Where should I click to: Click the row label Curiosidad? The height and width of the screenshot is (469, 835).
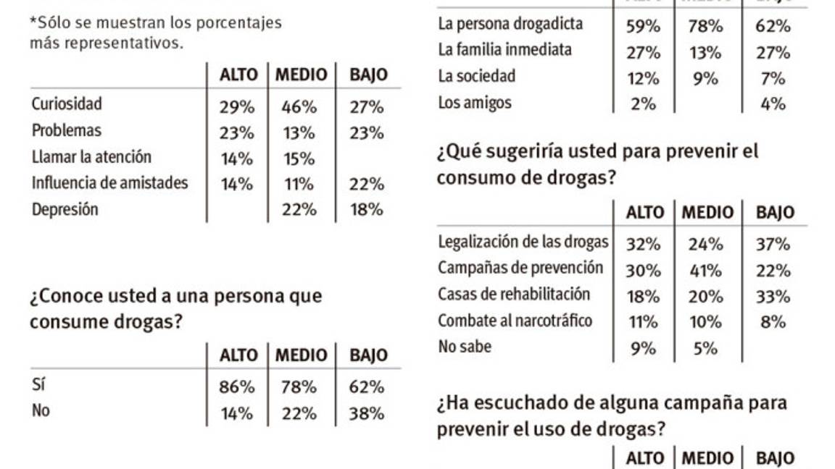67,104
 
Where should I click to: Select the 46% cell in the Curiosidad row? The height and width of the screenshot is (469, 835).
299,107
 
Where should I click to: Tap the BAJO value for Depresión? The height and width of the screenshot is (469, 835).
367,210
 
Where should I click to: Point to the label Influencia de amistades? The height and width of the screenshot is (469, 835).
109,183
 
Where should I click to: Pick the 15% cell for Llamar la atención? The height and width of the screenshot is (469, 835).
299,159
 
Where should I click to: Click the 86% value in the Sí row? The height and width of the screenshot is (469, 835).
236,387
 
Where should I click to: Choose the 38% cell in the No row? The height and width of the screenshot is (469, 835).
367,413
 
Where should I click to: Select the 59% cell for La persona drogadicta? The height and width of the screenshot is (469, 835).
642,27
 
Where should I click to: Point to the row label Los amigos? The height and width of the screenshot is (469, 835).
474,103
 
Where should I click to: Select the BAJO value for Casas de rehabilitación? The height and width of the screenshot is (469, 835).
773,296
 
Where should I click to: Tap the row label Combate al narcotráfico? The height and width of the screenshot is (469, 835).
515,321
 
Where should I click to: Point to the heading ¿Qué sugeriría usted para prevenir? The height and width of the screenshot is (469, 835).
597,164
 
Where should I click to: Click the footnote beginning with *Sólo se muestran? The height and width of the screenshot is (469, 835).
155,32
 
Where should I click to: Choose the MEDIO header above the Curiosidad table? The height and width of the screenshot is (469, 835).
301,75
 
